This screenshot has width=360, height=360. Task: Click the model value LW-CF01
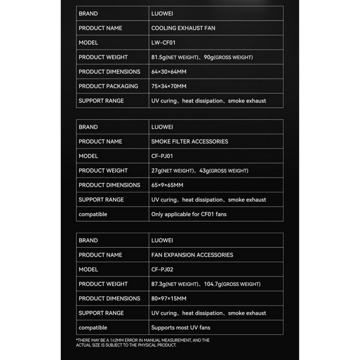(164, 43)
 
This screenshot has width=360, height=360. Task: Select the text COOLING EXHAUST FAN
(183, 28)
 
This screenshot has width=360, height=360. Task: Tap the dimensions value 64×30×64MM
(169, 71)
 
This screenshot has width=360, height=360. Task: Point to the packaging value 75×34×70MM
(169, 86)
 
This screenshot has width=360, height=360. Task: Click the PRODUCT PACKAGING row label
(108, 86)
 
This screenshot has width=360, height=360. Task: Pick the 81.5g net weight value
(159, 57)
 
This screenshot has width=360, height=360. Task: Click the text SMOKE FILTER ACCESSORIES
(189, 141)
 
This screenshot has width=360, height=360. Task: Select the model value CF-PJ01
(163, 156)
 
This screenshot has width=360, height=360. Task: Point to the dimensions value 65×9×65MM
(167, 185)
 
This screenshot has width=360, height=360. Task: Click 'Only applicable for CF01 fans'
(188, 214)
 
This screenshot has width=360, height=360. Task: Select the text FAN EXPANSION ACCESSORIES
(192, 255)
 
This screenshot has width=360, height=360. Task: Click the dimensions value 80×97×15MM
(169, 298)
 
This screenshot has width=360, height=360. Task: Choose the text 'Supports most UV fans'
(181, 328)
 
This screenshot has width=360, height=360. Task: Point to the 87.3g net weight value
(159, 284)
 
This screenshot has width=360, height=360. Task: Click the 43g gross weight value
(206, 171)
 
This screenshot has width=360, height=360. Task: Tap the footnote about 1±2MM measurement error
(143, 343)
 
